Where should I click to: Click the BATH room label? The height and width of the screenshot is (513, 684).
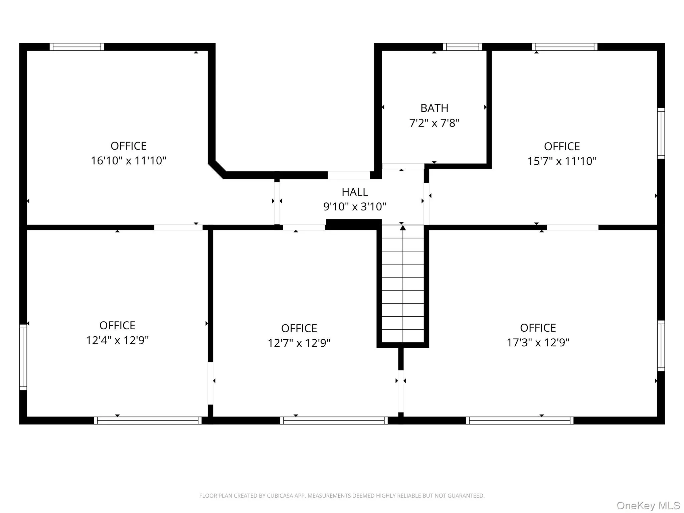(434, 108)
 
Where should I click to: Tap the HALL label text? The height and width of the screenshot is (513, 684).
(355, 192)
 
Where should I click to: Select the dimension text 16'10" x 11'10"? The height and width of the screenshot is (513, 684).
(129, 161)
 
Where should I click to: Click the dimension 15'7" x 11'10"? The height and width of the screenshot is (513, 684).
(562, 161)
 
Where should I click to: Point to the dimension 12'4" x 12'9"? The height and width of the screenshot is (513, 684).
(117, 340)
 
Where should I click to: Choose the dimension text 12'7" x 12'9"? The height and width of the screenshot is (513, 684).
(299, 343)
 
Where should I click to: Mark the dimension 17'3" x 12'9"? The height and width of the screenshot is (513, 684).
(538, 343)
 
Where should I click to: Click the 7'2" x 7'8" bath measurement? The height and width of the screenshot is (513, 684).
(434, 123)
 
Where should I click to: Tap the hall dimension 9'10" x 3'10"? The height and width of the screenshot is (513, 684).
(355, 207)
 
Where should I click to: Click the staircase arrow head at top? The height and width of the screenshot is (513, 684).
(403, 228)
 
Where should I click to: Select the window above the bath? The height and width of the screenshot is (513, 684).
(463, 47)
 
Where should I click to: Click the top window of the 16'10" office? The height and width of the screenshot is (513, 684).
(77, 47)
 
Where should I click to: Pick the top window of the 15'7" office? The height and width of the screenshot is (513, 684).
(564, 47)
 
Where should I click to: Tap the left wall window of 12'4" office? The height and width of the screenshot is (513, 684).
(23, 357)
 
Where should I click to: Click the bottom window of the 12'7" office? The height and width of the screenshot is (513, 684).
(334, 420)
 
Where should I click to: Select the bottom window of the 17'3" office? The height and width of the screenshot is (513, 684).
(519, 420)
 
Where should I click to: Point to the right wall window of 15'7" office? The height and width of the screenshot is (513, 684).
(661, 133)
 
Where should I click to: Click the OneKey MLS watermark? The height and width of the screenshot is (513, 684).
(648, 506)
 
